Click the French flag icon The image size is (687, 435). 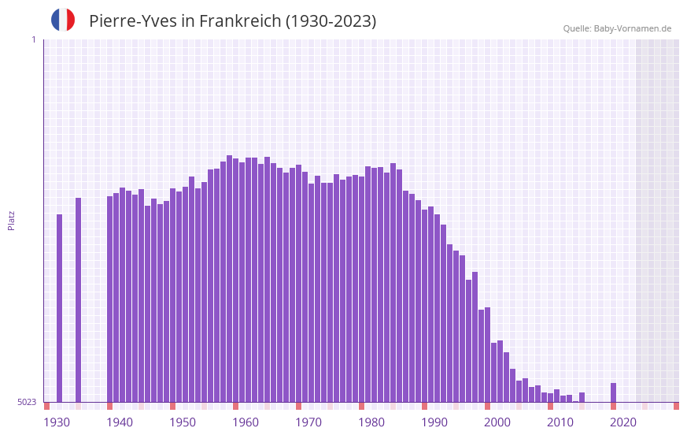(63, 20)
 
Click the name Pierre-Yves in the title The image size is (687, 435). (132, 21)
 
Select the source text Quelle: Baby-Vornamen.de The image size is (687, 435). (617, 28)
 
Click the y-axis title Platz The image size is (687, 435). (11, 220)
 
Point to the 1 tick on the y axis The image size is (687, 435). (33, 39)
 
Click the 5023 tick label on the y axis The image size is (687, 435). (27, 402)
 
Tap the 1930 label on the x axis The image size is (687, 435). (57, 422)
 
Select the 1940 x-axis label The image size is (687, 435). (120, 422)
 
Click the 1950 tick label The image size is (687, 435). (183, 422)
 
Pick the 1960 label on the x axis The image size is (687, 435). (246, 422)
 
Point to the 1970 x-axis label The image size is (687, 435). (308, 422)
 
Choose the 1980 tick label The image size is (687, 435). (371, 422)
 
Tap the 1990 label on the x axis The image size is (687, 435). (434, 422)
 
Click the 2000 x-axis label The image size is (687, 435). (497, 422)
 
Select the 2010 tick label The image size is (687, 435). (560, 422)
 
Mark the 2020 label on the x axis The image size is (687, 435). (623, 422)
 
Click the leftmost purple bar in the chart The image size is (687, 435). (59, 307)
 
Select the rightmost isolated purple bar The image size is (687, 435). (613, 392)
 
